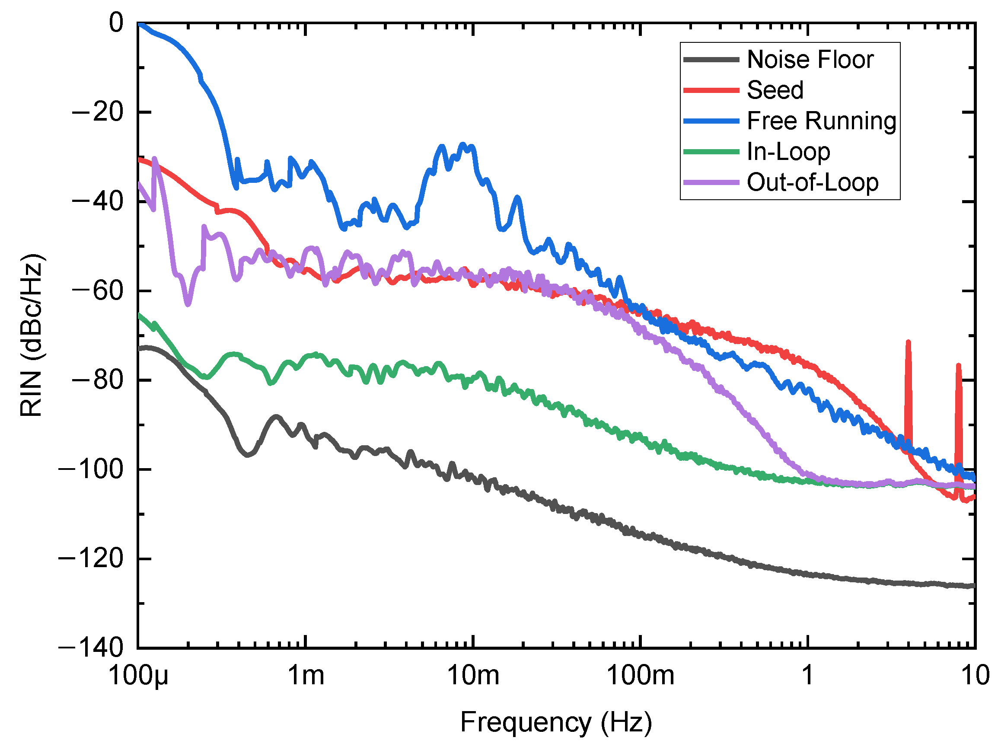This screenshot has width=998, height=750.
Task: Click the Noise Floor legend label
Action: pos(810,60)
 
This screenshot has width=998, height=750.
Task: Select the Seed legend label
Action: pos(775,90)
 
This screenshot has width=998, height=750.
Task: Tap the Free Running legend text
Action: pos(821,121)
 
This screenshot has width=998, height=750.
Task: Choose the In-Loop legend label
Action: pos(788,152)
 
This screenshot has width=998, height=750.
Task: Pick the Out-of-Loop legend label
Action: pos(812,182)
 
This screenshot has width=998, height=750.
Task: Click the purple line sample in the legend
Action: pos(711,182)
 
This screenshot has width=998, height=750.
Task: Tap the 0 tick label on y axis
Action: pos(116,22)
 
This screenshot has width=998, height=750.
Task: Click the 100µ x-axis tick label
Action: pos(138,676)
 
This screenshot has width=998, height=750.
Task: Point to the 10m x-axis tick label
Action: pos(473,676)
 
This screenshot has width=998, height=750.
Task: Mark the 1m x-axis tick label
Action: pos(306,676)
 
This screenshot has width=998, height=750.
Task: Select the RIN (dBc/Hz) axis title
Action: pos(32,335)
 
